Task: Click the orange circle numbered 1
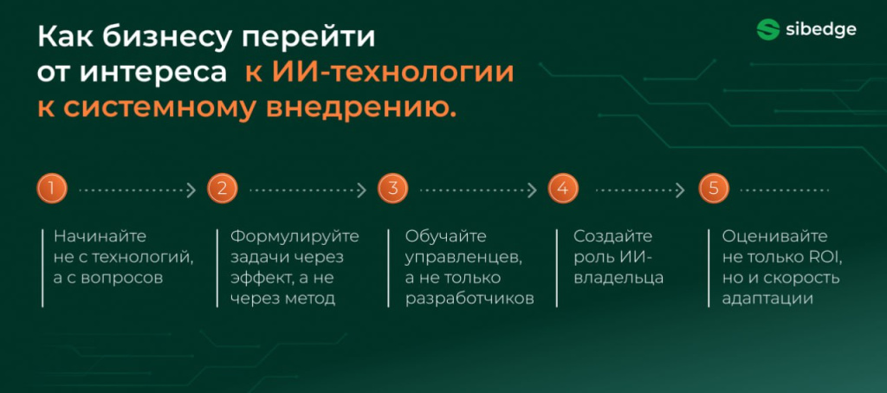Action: [51, 189]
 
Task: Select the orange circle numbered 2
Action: [223, 189]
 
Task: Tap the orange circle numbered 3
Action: [392, 189]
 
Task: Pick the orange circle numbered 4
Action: [563, 189]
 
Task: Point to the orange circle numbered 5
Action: [714, 189]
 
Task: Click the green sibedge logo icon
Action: [768, 29]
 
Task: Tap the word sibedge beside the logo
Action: [821, 29]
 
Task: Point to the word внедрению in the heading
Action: [361, 108]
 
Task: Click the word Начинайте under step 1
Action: [100, 236]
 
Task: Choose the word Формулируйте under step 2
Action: [295, 236]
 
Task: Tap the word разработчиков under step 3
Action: [469, 299]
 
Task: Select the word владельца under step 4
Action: [618, 278]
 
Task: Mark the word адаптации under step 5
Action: [767, 299]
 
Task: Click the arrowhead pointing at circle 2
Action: [191, 190]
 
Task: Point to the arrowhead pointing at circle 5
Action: [680, 190]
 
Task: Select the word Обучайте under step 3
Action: [446, 236]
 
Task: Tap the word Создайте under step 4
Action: [612, 236]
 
